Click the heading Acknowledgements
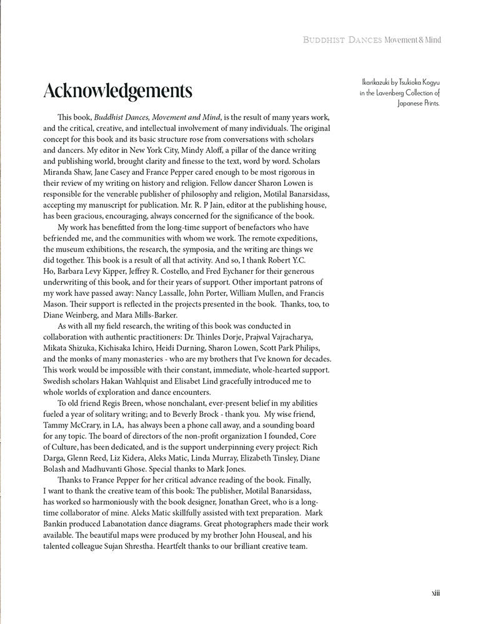coord(117,90)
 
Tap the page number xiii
coord(436,593)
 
